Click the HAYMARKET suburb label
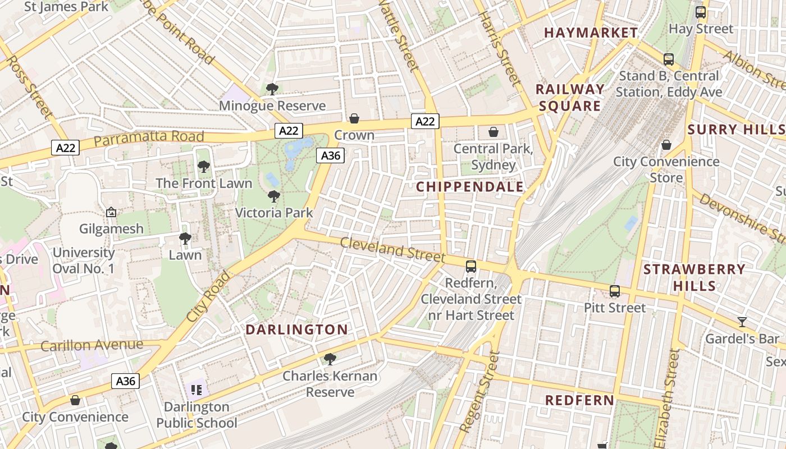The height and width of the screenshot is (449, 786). click(x=591, y=33)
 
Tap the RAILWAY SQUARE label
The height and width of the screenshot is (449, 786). click(x=570, y=98)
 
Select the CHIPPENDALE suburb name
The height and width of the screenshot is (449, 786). click(x=470, y=187)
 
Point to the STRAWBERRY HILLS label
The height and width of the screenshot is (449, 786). click(x=694, y=277)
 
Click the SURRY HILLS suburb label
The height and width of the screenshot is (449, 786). click(x=736, y=129)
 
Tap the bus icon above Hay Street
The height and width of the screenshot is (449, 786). click(x=701, y=12)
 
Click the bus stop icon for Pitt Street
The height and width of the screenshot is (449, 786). click(x=615, y=291)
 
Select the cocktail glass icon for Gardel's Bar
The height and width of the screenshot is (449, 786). click(x=742, y=322)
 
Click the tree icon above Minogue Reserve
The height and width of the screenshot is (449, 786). click(x=272, y=89)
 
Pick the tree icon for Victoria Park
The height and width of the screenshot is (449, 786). click(x=274, y=196)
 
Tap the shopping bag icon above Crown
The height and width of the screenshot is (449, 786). click(x=354, y=118)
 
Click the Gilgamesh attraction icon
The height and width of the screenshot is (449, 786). click(x=111, y=212)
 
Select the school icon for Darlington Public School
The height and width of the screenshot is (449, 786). click(x=196, y=389)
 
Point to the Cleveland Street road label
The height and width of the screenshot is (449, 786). click(x=392, y=250)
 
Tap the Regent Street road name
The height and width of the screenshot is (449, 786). click(x=479, y=392)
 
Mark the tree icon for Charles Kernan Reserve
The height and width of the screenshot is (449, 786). click(x=330, y=359)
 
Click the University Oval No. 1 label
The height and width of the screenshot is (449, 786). click(x=83, y=260)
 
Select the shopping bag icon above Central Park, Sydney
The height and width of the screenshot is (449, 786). click(x=493, y=132)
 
